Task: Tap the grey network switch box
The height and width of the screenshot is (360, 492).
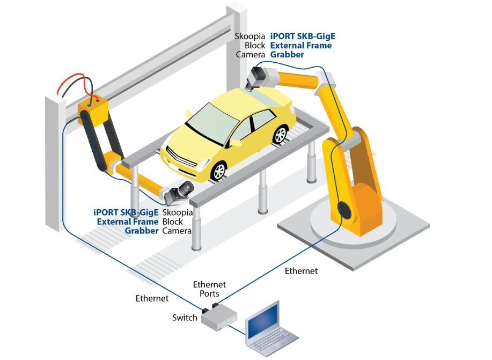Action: point(218,317)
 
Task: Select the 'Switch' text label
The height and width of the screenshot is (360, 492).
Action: point(185,318)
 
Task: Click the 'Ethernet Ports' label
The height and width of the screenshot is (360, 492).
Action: point(209,289)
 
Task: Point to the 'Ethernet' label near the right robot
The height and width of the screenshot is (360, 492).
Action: point(301,271)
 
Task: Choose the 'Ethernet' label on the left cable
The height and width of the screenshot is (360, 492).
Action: point(152,298)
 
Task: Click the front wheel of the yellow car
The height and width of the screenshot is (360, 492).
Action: point(218,171)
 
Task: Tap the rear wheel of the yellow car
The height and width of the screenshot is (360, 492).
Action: point(281,134)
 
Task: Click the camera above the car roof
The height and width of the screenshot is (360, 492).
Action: point(256,78)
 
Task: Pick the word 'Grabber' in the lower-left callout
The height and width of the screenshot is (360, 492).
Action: point(142,231)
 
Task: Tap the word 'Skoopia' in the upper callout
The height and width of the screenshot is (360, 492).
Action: point(250,36)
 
